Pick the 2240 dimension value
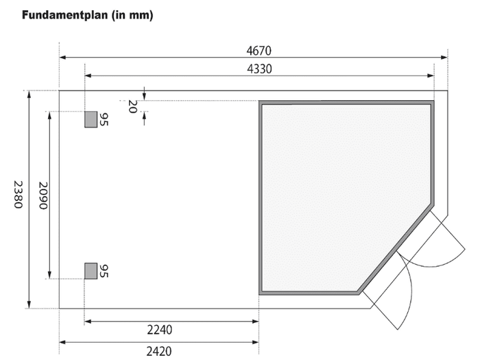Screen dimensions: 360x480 click(x=159, y=330)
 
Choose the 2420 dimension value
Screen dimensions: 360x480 click(x=159, y=350)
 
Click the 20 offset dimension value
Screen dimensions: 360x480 click(x=132, y=106)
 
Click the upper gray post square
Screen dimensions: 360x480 click(x=91, y=119)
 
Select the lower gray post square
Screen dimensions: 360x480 click(x=91, y=271)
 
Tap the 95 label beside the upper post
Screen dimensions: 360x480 click(x=104, y=119)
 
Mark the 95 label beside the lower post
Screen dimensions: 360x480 click(x=104, y=271)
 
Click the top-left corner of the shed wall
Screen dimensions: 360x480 click(x=261, y=103)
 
